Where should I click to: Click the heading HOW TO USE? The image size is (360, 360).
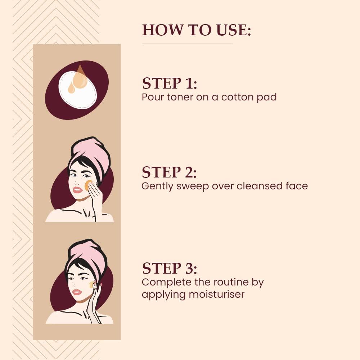click(x=197, y=30)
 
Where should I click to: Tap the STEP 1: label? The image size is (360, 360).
click(x=170, y=83)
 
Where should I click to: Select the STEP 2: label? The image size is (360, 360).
click(x=169, y=172)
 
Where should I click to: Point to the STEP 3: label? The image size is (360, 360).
click(x=170, y=268)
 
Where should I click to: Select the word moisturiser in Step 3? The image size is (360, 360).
click(x=216, y=294)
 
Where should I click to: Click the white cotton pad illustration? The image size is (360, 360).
click(x=78, y=90)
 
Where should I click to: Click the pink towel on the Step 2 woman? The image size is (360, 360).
click(x=91, y=153)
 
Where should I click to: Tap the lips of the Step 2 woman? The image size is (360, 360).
click(x=77, y=190)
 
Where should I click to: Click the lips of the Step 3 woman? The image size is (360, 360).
click(x=77, y=292)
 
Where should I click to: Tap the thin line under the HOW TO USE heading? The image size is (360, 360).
click(x=187, y=44)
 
